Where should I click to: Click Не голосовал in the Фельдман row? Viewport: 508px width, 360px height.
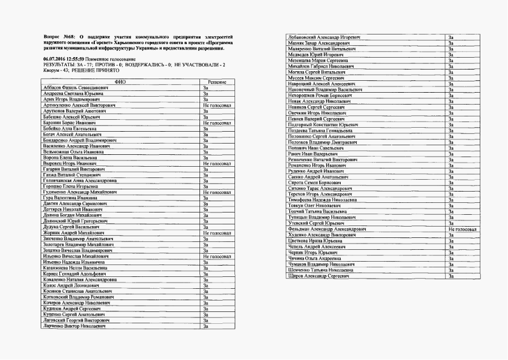[462, 229]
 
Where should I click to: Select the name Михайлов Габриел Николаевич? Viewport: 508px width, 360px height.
[320, 67]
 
